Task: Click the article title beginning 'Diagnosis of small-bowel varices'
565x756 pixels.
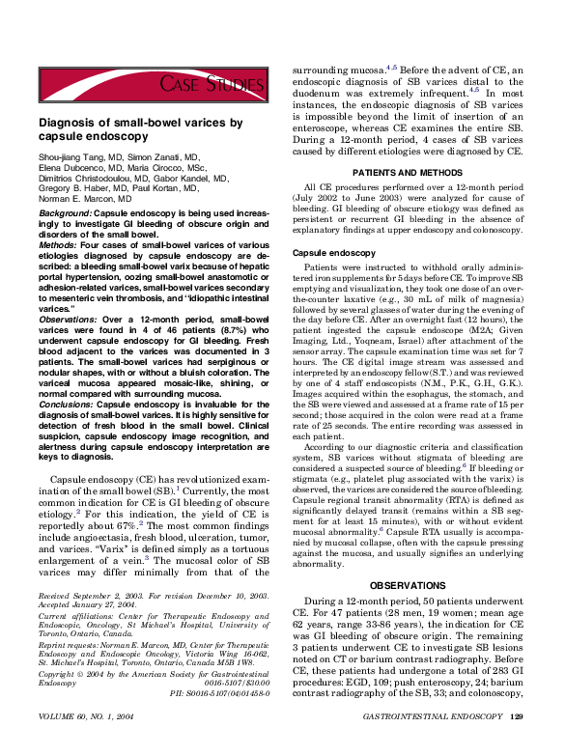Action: click(140, 130)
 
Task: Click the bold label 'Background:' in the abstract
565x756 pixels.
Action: click(66, 211)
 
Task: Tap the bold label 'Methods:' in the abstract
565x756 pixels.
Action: click(59, 245)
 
